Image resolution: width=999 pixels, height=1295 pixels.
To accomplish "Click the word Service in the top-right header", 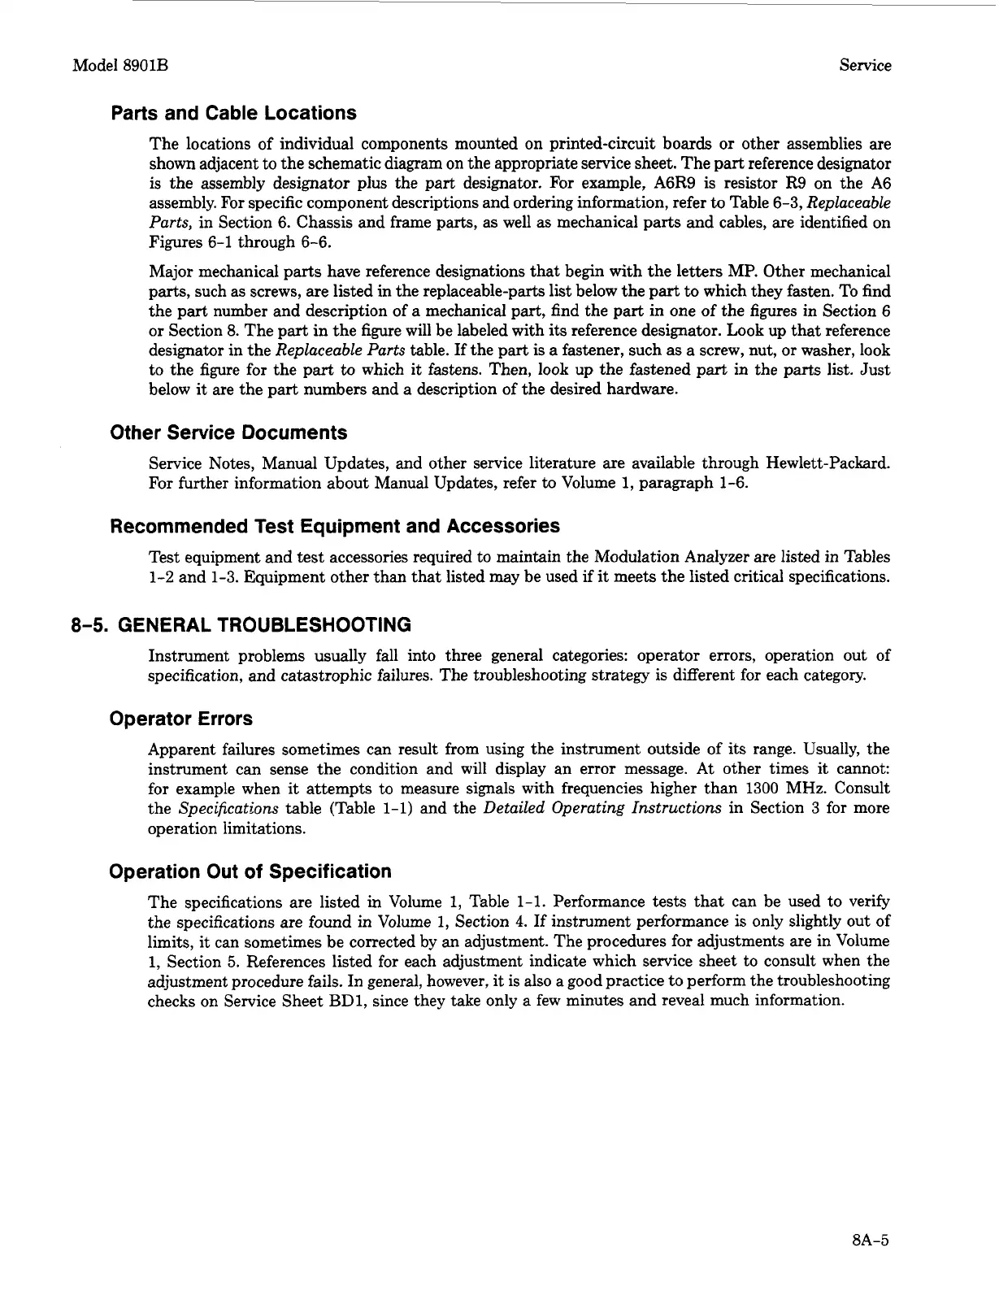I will coord(864,66).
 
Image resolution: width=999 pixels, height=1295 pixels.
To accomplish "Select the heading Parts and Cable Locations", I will coord(233,113).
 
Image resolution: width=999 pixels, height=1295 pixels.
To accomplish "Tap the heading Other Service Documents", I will coord(228,432).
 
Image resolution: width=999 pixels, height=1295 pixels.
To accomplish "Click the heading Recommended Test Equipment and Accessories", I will coord(334,526).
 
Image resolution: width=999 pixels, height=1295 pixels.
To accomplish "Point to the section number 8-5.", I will coord(89,625).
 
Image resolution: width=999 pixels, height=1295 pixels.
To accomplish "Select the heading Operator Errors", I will coord(181,719).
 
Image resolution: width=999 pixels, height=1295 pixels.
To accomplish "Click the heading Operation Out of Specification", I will coord(250,871).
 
